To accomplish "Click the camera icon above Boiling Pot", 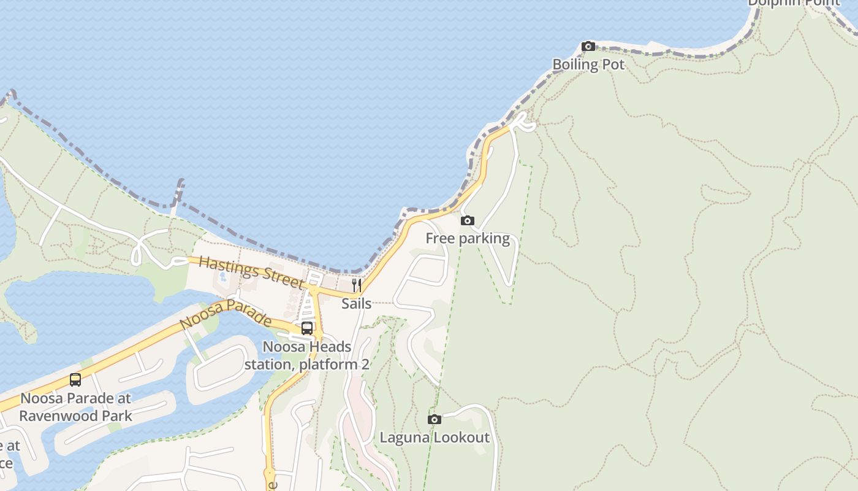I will click(x=588, y=46).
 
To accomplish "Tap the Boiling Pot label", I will click(x=588, y=64).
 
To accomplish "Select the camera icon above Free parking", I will click(x=468, y=220).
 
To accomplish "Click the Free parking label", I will click(x=468, y=238).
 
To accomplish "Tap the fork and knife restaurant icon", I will click(x=357, y=285).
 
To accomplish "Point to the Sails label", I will click(x=357, y=303).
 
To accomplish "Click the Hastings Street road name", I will click(x=251, y=273).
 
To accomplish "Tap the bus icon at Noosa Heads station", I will click(x=307, y=328).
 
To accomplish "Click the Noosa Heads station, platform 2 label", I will click(x=307, y=355).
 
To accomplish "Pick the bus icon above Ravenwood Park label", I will click(x=75, y=380).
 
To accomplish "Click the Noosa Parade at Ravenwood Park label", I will click(x=75, y=407).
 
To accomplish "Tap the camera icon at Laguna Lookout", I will click(x=435, y=419).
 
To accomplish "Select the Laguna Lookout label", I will click(x=435, y=438).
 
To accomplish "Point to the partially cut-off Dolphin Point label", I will click(x=794, y=2).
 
